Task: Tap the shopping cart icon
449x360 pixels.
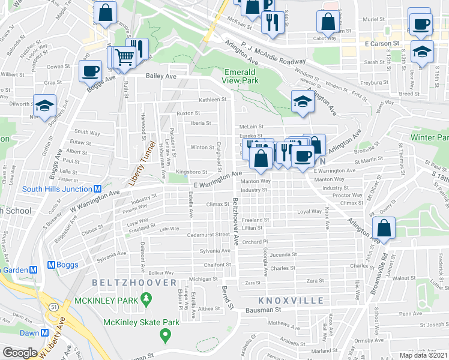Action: (124, 57)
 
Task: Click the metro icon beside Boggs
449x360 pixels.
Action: (51, 265)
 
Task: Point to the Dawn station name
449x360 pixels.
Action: (29, 333)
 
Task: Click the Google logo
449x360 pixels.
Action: (20, 353)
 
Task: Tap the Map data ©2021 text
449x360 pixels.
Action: (423, 355)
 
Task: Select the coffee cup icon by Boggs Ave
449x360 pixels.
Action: (90, 70)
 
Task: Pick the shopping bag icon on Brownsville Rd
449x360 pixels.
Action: (384, 227)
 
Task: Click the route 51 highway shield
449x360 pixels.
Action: (54, 307)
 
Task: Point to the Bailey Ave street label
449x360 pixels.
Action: (161, 76)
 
